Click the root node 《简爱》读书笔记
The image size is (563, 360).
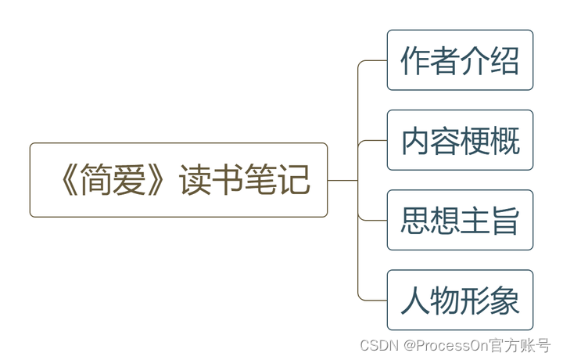(178, 180)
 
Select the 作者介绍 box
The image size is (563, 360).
(460, 60)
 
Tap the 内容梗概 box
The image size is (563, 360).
(460, 140)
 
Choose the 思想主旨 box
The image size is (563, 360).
(460, 220)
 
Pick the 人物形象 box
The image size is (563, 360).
(460, 300)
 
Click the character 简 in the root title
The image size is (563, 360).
(100, 180)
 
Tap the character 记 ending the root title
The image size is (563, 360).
(294, 180)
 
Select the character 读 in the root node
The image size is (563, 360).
(195, 180)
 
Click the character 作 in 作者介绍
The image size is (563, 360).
(415, 60)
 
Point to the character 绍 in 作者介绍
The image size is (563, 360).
(504, 60)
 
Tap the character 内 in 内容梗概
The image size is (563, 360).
(415, 140)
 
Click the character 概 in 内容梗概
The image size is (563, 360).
(504, 140)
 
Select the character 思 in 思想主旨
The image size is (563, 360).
(415, 220)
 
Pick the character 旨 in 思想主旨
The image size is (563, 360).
(504, 220)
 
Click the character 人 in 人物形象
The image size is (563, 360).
(415, 300)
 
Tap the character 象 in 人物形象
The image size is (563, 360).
(504, 300)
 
